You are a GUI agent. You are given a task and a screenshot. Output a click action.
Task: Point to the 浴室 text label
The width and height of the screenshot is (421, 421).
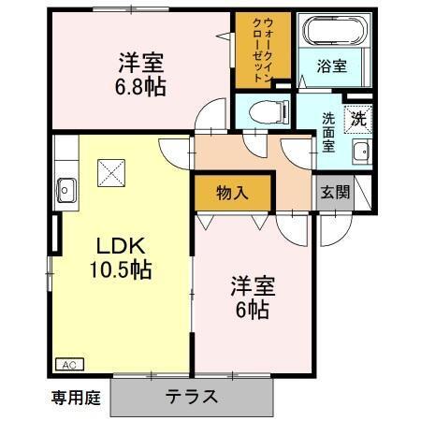click(x=334, y=66)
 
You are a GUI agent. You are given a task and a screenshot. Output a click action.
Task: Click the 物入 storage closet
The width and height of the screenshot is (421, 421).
click(x=233, y=194)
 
